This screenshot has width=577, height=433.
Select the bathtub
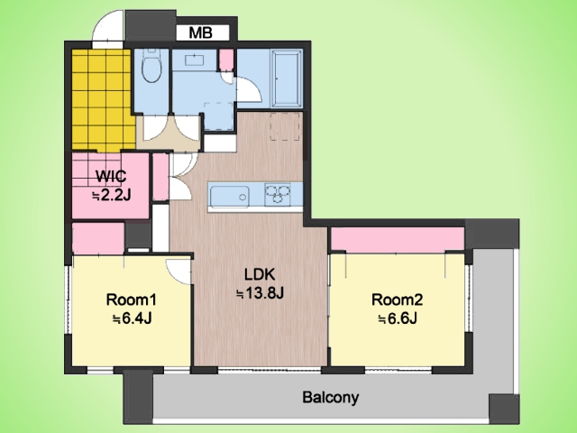[287, 78]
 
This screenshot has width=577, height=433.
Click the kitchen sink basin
[229, 196]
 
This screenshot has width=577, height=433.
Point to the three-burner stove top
[278, 195]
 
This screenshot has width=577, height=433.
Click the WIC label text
[111, 177]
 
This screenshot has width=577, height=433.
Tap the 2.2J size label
[112, 196]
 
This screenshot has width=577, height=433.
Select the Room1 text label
[132, 299]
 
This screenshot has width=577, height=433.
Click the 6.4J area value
[132, 318]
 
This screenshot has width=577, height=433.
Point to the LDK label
[260, 274]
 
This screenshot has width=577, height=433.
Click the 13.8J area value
[260, 293]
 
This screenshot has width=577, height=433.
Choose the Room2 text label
[397, 299]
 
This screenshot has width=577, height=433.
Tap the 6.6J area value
[397, 318]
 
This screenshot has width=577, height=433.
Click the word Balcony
[330, 398]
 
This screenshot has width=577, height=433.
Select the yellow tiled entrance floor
[101, 100]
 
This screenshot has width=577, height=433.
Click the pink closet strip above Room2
[398, 239]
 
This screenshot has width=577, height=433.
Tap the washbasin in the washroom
[194, 60]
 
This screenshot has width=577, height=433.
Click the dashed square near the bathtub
[286, 126]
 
